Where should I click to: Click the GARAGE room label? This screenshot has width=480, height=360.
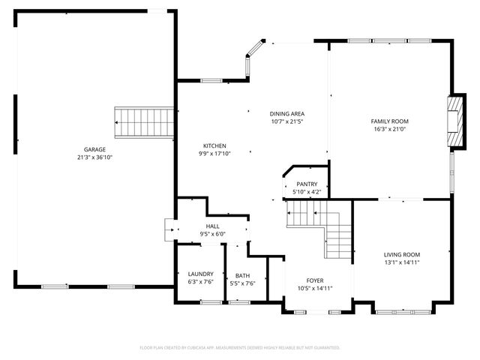click(94, 149)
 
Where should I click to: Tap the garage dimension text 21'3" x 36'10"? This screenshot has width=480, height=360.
click(94, 157)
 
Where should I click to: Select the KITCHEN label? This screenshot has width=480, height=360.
click(214, 145)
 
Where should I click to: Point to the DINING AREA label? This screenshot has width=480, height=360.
click(287, 113)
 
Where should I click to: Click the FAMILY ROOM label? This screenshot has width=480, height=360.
click(389, 121)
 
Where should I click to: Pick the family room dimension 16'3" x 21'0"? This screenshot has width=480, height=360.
click(389, 129)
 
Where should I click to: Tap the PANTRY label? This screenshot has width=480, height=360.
click(307, 184)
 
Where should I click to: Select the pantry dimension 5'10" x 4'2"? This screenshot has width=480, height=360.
click(307, 192)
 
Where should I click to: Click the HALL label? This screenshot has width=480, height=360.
click(213, 226)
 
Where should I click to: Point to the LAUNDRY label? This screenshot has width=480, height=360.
click(200, 274)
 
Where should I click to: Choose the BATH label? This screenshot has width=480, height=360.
click(242, 275)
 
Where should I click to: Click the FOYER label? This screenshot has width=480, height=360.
click(315, 280)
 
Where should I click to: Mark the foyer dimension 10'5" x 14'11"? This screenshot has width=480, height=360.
click(315, 288)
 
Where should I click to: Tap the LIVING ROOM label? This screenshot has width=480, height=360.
click(402, 254)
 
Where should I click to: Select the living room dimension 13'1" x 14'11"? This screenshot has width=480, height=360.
click(402, 262)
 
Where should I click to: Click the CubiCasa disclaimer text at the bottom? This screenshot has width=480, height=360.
click(240, 347)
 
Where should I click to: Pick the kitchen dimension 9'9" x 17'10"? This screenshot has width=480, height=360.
click(214, 154)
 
